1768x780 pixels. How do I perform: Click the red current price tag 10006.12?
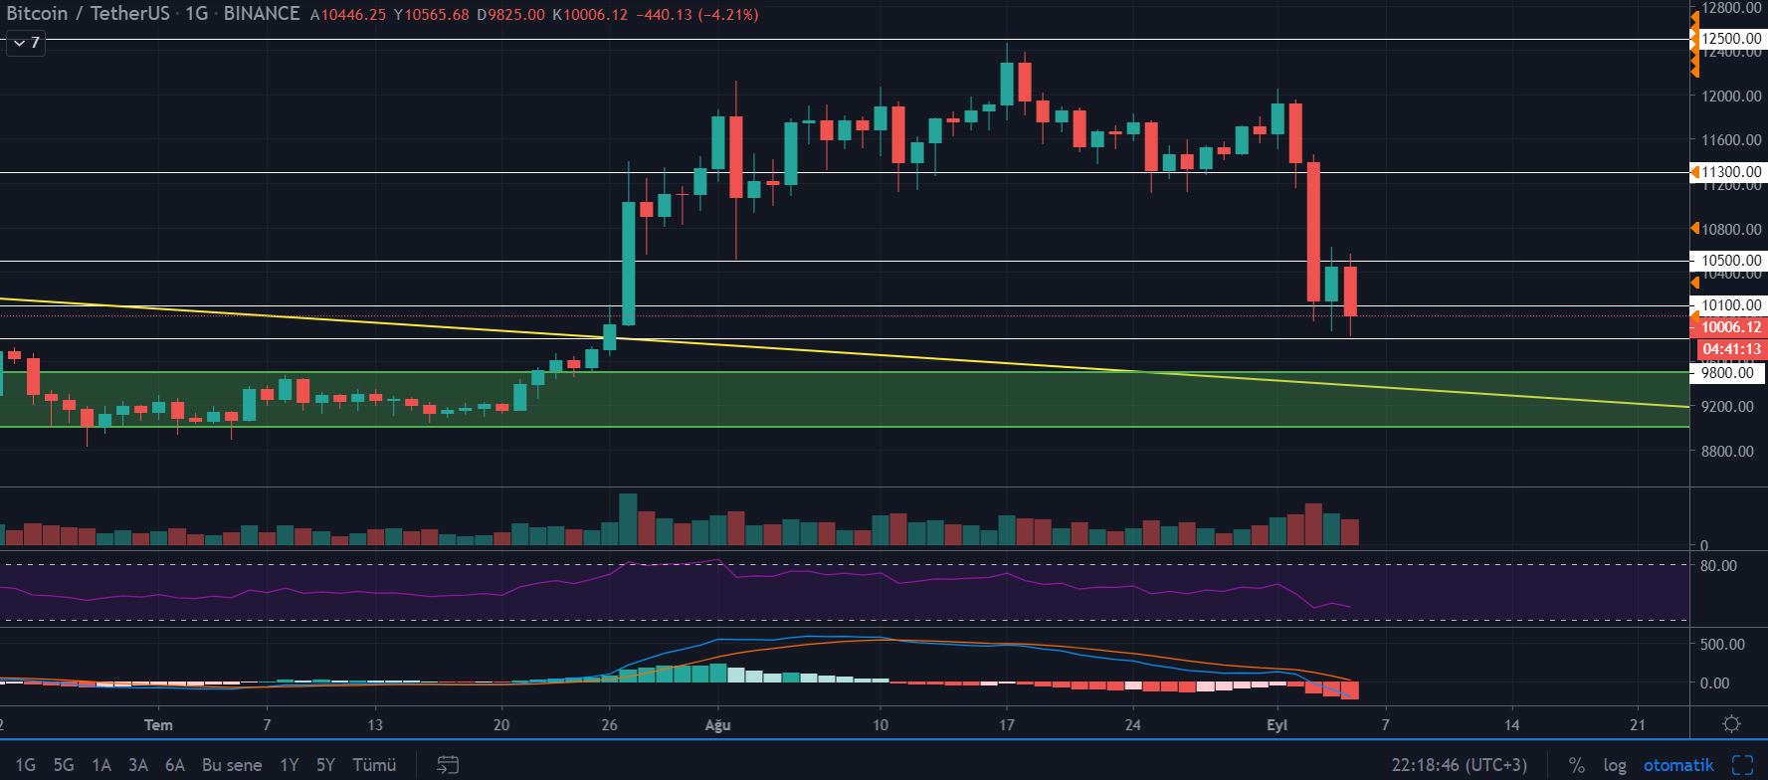pos(1730,327)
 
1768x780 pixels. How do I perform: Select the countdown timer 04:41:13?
pos(1731,349)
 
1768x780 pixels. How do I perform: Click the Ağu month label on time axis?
pos(717,725)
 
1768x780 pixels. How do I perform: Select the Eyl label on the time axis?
pos(1277,725)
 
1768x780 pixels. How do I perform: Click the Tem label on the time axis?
pos(158,725)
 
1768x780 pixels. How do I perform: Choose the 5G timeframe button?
pos(64,765)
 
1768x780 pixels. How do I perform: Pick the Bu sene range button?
pos(232,765)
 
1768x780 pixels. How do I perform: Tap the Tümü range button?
pos(375,765)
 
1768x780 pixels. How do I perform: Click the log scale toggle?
pos(1615,765)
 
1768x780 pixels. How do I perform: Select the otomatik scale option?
pos(1678,765)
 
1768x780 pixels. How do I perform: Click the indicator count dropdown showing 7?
pos(26,43)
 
